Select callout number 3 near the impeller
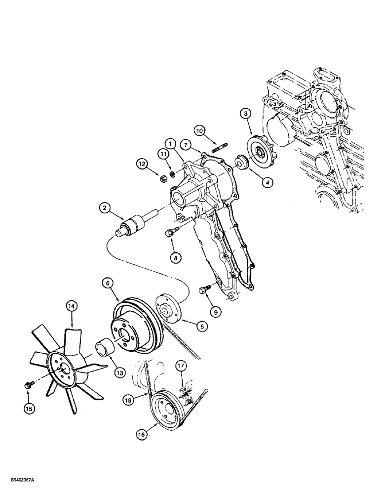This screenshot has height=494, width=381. click(x=246, y=114)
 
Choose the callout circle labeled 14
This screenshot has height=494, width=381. click(x=72, y=307)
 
